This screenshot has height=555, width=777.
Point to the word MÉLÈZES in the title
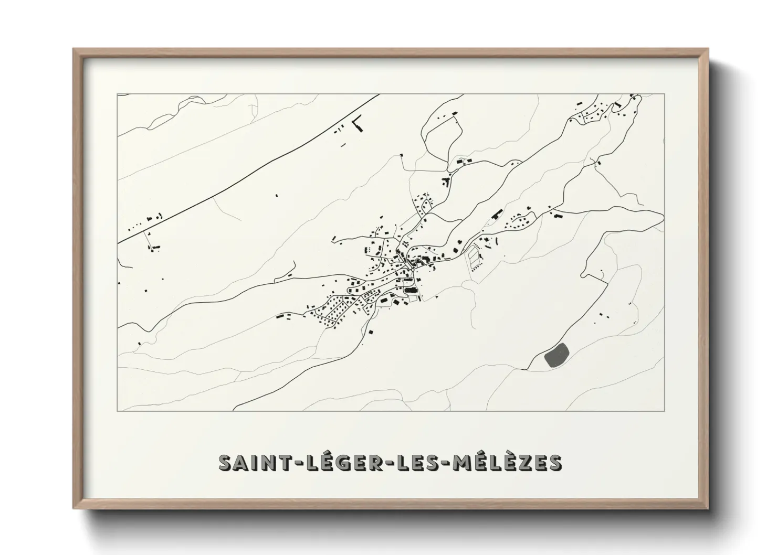[505, 463]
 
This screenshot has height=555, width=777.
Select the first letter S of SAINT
[225, 463]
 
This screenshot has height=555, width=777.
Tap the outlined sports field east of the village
[474, 258]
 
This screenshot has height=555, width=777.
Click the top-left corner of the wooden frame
[73, 49]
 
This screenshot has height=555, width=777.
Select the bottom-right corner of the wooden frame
[708, 508]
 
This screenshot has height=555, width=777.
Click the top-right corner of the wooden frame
[708, 49]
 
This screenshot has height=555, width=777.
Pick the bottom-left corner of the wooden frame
[73, 508]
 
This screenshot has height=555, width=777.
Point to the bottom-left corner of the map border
[118, 411]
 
